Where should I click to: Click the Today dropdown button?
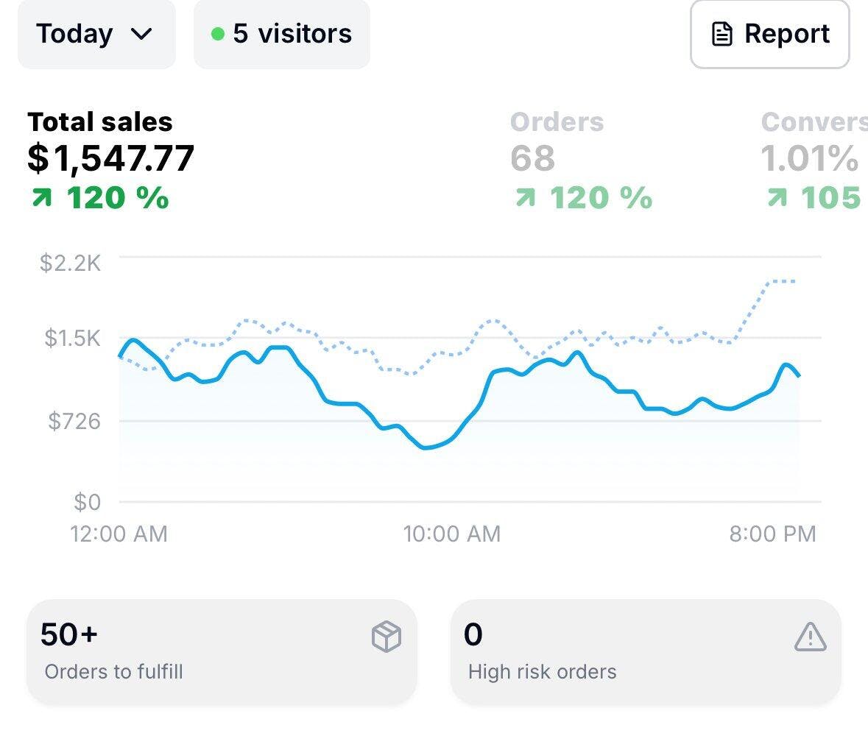click(96, 34)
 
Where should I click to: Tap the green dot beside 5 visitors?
click(217, 34)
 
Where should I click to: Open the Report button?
click(769, 34)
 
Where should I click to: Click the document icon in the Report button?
click(722, 35)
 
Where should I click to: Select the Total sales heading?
click(100, 121)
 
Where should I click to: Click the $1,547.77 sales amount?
click(111, 158)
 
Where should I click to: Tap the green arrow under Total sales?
click(41, 198)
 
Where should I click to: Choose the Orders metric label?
click(557, 121)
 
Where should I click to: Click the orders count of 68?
click(532, 158)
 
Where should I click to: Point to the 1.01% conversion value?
click(808, 158)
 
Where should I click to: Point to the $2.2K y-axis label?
click(71, 263)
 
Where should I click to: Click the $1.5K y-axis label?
click(72, 339)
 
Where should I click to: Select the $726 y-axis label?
click(74, 421)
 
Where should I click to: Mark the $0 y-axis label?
click(87, 502)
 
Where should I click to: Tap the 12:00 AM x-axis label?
click(119, 534)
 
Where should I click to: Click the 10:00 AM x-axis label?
click(451, 534)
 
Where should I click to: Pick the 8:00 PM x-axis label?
click(772, 534)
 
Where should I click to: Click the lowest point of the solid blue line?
click(425, 447)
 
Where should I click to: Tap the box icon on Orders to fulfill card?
click(387, 637)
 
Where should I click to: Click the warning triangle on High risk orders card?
click(810, 637)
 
